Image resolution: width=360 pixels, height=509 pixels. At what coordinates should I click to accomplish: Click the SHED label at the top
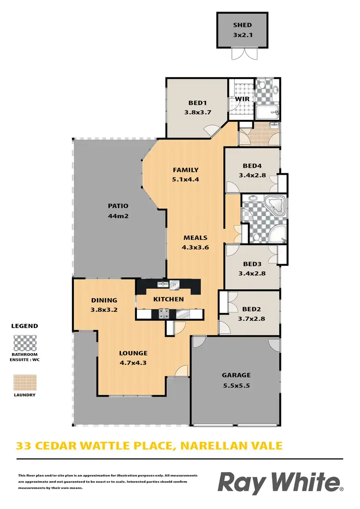[242, 25]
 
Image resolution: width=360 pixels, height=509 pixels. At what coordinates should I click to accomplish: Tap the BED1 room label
[197, 103]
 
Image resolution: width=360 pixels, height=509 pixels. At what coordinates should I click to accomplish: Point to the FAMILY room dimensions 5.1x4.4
[186, 179]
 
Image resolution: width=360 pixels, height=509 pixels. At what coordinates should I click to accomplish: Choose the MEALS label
[195, 237]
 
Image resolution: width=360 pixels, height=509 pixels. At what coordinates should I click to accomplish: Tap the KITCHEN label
[168, 299]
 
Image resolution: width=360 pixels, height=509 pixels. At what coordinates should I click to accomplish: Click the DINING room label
[104, 300]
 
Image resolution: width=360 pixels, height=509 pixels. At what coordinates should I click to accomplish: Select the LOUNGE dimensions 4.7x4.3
[132, 363]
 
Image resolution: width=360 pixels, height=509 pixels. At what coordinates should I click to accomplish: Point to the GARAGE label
[236, 375]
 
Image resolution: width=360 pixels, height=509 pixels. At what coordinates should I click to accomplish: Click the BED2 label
[252, 308]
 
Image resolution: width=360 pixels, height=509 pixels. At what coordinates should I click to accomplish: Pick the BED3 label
[252, 264]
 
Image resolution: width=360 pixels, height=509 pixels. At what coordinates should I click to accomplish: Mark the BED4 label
[252, 166]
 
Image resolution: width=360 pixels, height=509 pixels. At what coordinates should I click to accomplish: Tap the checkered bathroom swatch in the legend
[24, 344]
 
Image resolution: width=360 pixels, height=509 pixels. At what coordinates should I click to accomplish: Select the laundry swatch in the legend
[24, 382]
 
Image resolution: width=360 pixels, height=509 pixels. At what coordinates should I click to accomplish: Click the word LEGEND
[24, 326]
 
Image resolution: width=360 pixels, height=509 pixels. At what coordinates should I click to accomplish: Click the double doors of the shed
[242, 54]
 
